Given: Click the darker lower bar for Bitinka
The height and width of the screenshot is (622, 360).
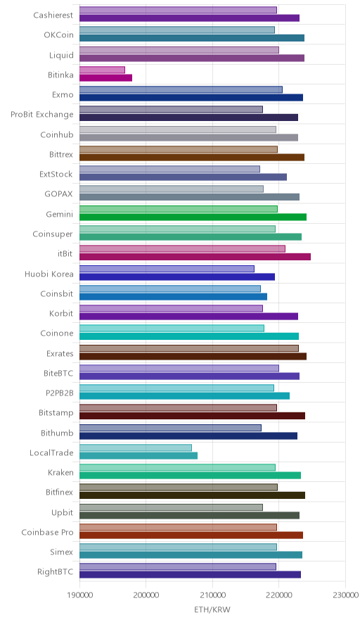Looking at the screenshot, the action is (106, 77).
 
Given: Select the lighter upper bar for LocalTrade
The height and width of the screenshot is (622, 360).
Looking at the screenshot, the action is (136, 448).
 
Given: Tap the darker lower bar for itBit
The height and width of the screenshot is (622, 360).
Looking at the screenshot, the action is (195, 257).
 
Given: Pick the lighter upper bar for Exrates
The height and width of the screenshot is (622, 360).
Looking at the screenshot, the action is (189, 348).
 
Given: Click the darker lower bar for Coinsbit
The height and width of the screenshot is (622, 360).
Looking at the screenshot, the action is (173, 297).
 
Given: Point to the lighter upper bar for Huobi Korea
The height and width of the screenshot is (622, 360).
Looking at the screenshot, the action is (167, 269).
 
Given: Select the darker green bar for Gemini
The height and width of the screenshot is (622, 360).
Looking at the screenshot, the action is (193, 217).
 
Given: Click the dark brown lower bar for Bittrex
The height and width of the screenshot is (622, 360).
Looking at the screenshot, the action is (192, 158).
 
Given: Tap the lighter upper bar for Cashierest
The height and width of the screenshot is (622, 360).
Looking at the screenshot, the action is (179, 11).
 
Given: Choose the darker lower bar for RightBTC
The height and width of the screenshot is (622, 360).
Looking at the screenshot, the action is (191, 575).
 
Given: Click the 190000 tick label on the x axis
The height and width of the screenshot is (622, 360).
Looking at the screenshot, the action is (79, 595).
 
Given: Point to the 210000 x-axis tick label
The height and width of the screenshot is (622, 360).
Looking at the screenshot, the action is (212, 595).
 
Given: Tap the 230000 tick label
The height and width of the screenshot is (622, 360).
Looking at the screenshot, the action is (345, 595).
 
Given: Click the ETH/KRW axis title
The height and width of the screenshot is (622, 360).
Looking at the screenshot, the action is (212, 610).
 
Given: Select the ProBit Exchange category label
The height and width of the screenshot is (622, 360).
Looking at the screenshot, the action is (42, 115).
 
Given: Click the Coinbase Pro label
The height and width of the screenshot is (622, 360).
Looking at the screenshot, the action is (48, 533).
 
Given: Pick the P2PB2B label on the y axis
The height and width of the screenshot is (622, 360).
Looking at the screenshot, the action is (60, 393).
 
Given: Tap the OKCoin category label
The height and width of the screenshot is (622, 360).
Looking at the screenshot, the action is (58, 35).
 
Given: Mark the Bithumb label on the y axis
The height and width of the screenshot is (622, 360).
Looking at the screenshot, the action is (57, 433).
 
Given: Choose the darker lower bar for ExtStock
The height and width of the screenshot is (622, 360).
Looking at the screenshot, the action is (184, 177).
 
